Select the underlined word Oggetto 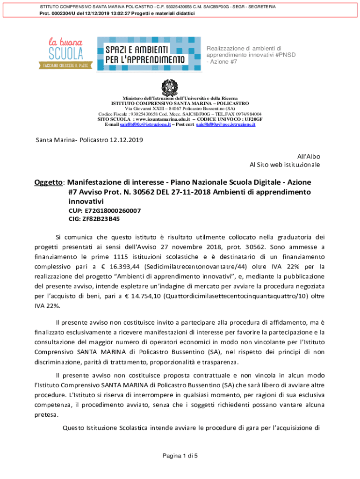[48, 182]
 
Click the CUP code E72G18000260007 [105, 210]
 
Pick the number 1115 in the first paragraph [123, 257]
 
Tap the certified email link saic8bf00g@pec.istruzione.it [225, 125]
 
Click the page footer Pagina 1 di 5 [180, 456]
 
